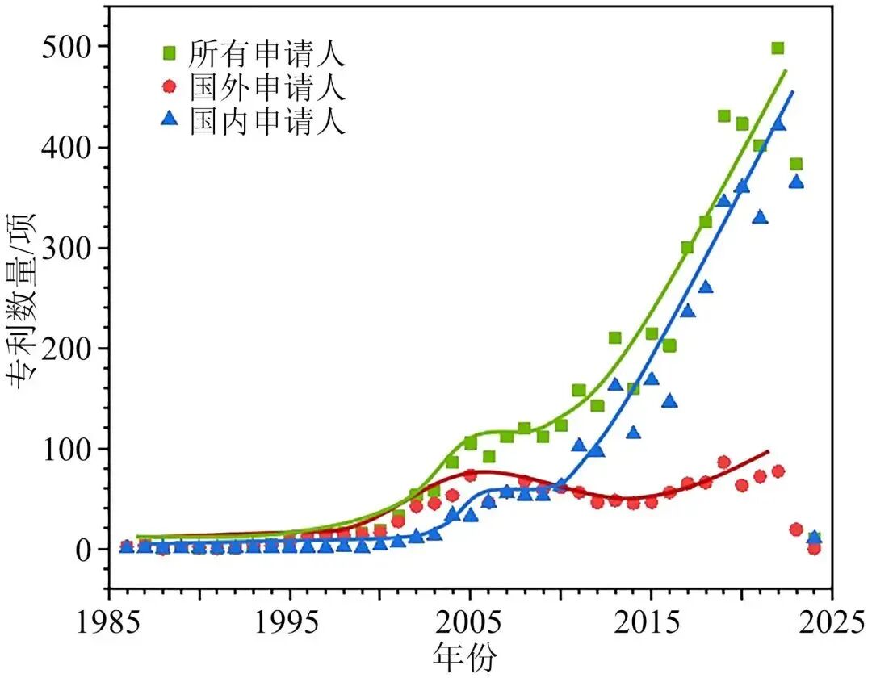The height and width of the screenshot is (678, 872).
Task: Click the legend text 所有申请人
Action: (267, 53)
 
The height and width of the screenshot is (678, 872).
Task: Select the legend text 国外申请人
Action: (267, 87)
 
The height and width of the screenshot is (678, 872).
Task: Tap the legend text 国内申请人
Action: (267, 121)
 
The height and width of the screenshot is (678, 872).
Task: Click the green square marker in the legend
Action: (169, 53)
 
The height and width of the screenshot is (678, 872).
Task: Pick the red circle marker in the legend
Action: (169, 87)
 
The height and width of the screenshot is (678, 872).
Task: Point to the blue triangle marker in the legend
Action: (169, 120)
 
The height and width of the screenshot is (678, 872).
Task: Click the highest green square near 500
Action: (778, 48)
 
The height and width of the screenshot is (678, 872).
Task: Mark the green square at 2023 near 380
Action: (796, 164)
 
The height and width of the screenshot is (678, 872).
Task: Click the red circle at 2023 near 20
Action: (796, 529)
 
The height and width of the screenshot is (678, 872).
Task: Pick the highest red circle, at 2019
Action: (723, 462)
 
